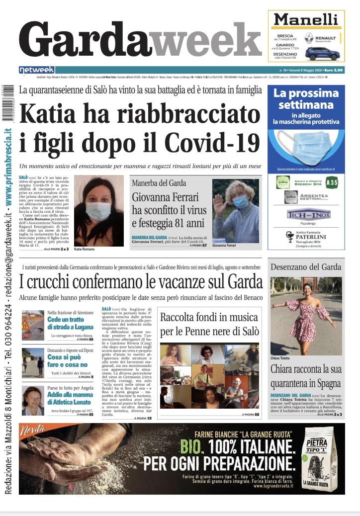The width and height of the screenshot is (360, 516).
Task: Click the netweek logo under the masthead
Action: pos(37,70)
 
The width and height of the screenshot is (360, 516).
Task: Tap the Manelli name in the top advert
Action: pos(306,20)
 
